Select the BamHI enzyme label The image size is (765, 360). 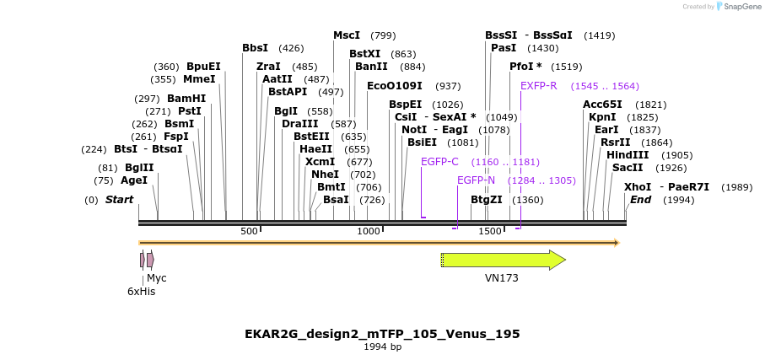[x=186, y=99]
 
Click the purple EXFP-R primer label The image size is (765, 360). [x=538, y=86]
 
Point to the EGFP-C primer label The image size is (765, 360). [x=439, y=161]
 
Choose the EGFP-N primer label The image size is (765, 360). [x=476, y=180]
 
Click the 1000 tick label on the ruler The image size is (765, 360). [x=369, y=231]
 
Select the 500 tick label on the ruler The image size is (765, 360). [x=249, y=231]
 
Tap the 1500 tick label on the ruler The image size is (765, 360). [x=490, y=231]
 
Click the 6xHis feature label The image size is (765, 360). [x=142, y=291]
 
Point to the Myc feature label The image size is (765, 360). [x=157, y=277]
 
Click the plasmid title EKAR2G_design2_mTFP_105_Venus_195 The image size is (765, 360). [x=382, y=334]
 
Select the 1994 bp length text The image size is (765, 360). [x=382, y=347]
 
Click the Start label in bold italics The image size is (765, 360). [x=119, y=200]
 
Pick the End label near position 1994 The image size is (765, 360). [x=640, y=200]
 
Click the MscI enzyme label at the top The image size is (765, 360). [x=347, y=35]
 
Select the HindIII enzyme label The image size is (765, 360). [x=628, y=155]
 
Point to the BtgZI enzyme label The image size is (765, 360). [x=486, y=200]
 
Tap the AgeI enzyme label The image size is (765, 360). [x=134, y=180]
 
